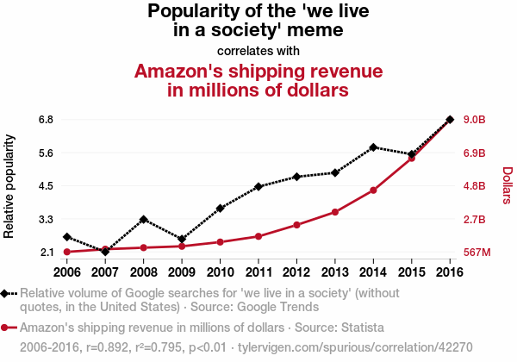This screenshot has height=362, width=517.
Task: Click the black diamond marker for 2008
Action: [x=143, y=220]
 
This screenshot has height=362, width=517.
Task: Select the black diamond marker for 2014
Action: [x=373, y=147]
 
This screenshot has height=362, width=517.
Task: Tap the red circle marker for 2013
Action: [x=334, y=212]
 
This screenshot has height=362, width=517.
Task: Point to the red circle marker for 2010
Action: [x=220, y=242]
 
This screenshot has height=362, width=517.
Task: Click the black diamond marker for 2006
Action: [x=66, y=237]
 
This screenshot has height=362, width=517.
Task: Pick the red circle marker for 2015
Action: [x=411, y=159]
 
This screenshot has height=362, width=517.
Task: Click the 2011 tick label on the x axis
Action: [x=258, y=273]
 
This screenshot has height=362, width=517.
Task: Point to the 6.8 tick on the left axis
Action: [x=47, y=119]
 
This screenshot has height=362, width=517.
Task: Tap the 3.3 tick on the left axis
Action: [x=47, y=220]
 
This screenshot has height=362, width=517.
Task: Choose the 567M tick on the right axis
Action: [x=477, y=253]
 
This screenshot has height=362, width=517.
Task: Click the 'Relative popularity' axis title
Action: [x=9, y=185]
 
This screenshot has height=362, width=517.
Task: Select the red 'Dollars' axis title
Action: [x=506, y=185]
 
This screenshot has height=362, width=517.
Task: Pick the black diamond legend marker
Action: [x=6, y=293]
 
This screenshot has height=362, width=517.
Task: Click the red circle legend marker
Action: [x=6, y=328]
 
